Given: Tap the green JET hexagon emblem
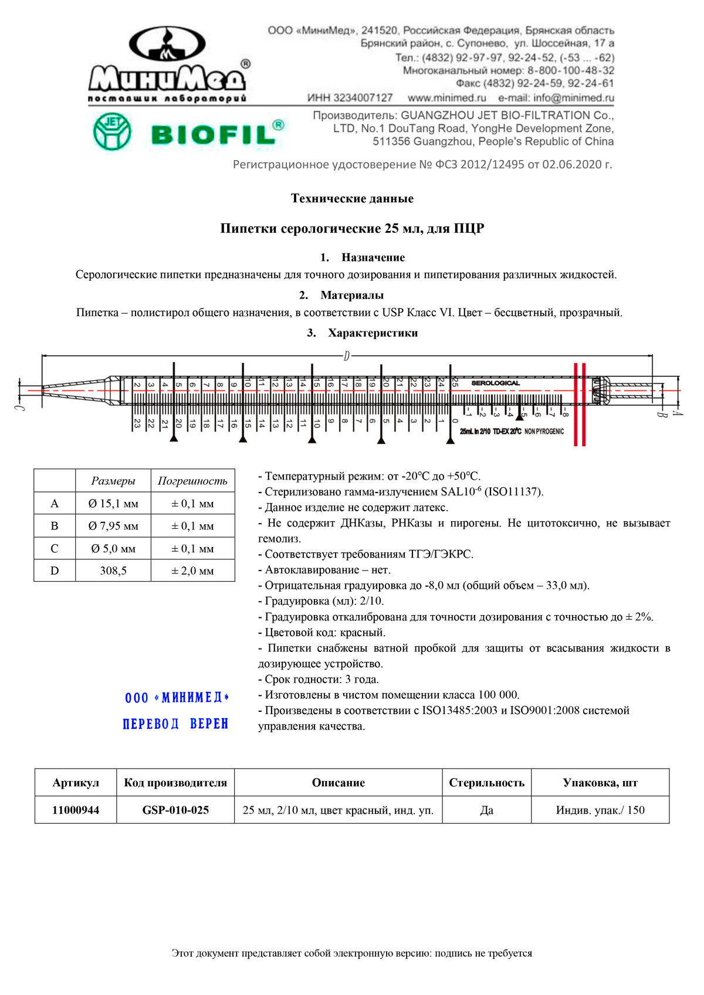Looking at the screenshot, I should (x=112, y=131).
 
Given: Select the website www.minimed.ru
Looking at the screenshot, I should (x=447, y=98).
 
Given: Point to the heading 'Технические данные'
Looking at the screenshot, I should (x=352, y=199).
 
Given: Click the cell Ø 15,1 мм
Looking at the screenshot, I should (x=113, y=504).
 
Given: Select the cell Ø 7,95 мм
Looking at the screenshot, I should (x=113, y=526).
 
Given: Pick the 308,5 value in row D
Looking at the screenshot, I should (x=113, y=570).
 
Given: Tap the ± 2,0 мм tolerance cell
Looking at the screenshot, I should (x=192, y=570).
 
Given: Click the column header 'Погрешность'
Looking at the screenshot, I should (x=192, y=481).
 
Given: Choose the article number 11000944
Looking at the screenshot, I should (x=76, y=810).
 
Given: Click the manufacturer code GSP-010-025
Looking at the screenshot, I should (x=175, y=810).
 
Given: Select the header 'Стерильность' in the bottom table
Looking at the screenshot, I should (x=486, y=783).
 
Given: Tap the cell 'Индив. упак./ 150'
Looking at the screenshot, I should (x=600, y=810).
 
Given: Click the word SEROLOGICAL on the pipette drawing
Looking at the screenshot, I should (x=496, y=383).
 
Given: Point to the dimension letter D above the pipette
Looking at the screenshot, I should (x=347, y=356).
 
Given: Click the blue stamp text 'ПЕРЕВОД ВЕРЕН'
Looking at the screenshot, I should (x=175, y=724).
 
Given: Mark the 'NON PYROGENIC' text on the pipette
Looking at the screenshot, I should (x=544, y=432).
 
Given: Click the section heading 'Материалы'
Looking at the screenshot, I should (x=352, y=295).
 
